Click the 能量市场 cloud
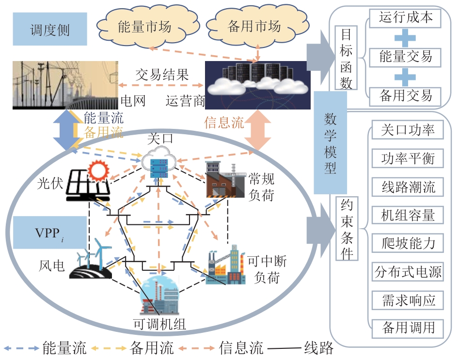144,27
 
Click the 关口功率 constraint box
408,130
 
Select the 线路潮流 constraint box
408,187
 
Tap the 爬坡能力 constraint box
408,243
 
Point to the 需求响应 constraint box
408,300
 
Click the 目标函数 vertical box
346,58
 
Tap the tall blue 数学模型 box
331,142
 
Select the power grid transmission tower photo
64,84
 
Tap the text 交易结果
162,76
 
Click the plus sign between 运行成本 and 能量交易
405,38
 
